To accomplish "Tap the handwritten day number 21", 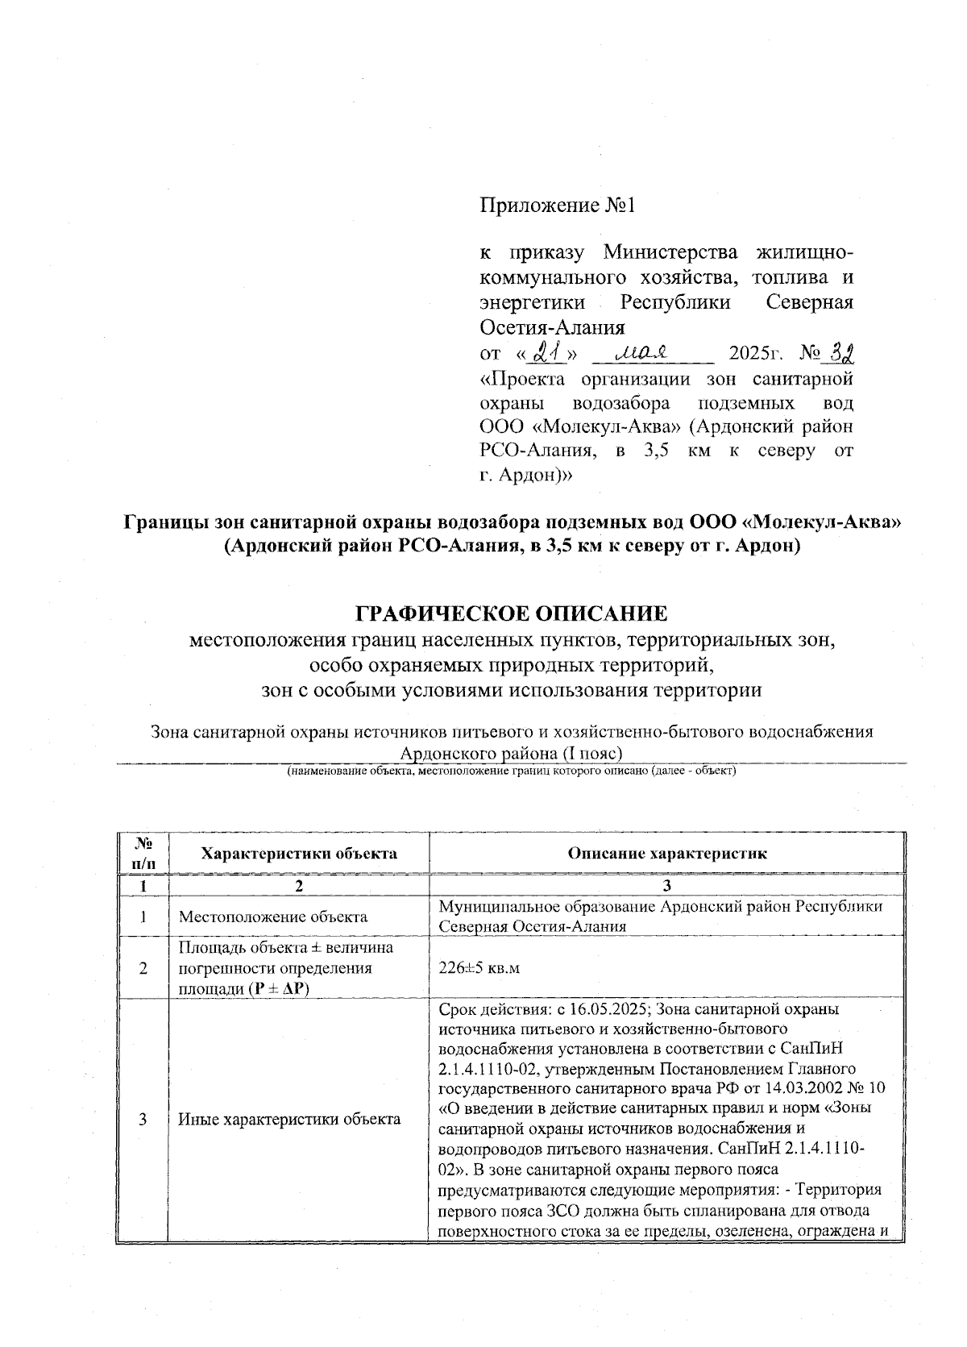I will [550, 352].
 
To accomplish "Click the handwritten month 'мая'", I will [642, 352].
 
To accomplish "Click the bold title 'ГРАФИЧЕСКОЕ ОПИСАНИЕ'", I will [512, 613].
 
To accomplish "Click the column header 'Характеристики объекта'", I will [298, 853].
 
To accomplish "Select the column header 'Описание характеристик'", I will [667, 853].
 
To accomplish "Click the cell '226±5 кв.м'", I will [479, 968].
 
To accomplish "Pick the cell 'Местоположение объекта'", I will [272, 917].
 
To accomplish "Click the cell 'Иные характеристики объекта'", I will [289, 1119].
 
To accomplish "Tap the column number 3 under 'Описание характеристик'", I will [666, 886].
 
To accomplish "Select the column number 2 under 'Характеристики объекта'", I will [298, 886].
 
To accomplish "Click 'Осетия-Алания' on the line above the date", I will [552, 328].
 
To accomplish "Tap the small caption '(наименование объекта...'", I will [512, 771].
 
